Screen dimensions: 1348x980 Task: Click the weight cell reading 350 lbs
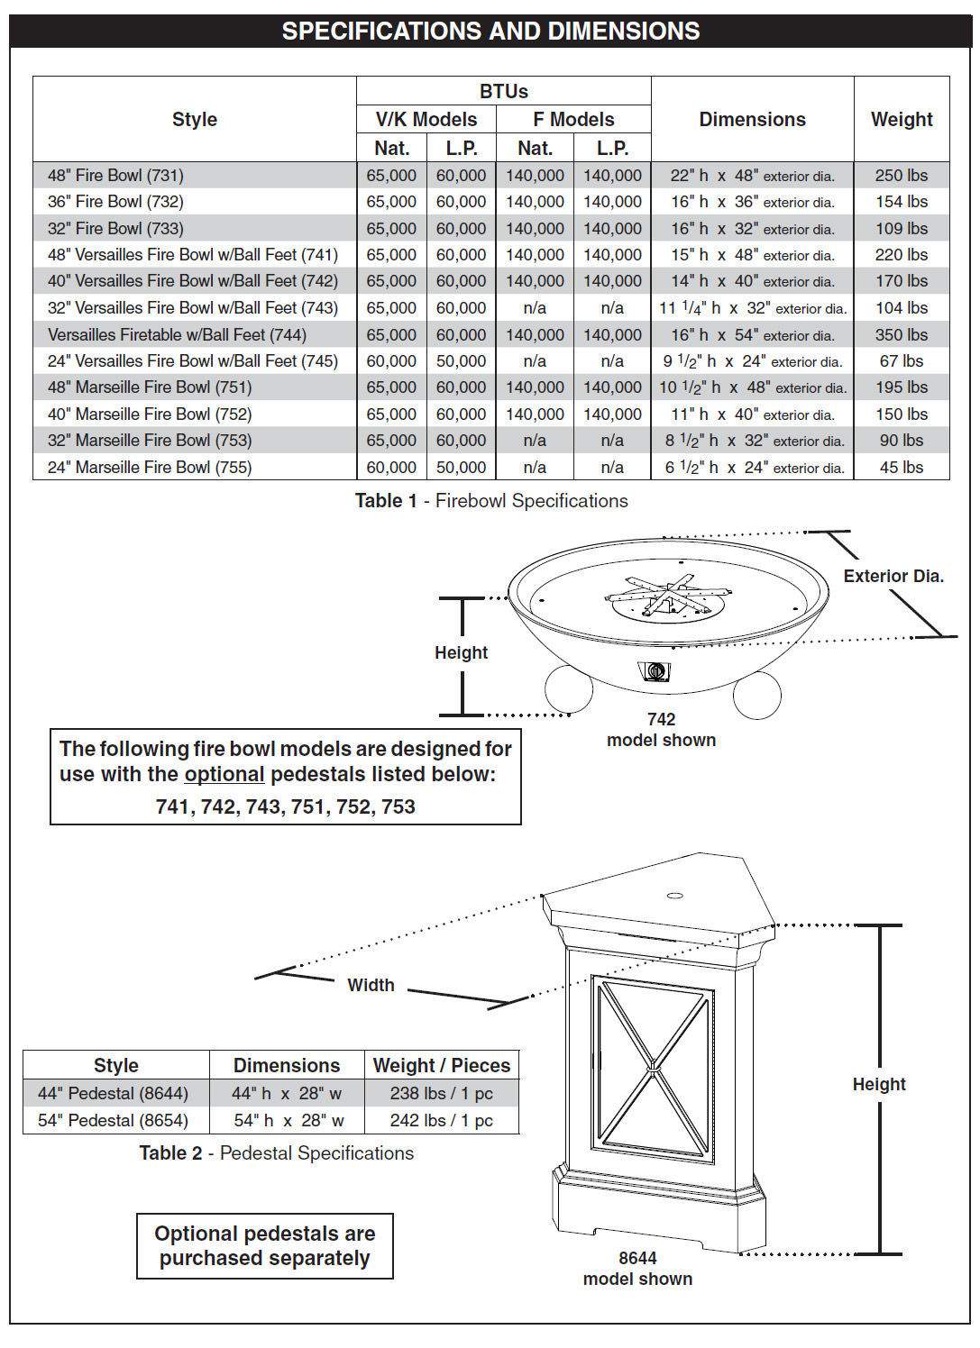click(901, 334)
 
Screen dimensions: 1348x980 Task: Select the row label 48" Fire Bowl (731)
click(115, 176)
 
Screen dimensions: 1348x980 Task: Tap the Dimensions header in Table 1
click(752, 119)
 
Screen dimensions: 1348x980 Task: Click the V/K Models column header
click(426, 119)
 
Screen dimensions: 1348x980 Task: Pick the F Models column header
click(573, 119)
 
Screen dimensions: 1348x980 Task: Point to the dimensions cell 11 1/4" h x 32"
click(752, 308)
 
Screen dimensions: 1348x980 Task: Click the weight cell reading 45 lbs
click(901, 467)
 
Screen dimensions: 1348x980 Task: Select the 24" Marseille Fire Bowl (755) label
click(150, 467)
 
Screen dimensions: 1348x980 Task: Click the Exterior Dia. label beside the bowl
click(893, 576)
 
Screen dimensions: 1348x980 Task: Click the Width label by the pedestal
click(371, 985)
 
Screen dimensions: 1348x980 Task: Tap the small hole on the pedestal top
click(675, 896)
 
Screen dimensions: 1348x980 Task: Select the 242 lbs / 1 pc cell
click(442, 1120)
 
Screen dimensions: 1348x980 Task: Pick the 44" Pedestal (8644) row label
click(114, 1093)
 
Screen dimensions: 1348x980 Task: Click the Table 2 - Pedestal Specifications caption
click(276, 1152)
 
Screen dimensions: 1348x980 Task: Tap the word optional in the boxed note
click(224, 775)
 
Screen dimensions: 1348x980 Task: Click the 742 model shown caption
click(661, 730)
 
